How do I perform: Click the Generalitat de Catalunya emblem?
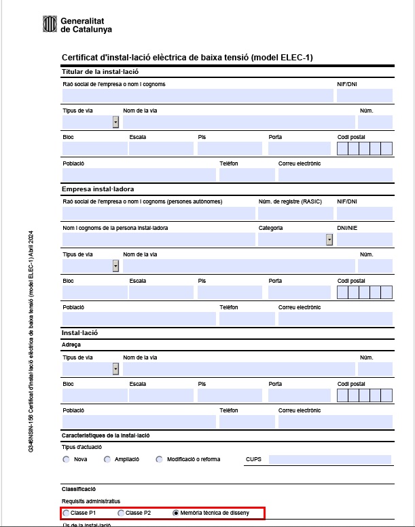(50, 25)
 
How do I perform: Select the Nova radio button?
(66, 459)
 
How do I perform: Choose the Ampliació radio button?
(107, 459)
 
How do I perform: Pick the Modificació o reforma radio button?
(160, 459)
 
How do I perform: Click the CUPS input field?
(330, 459)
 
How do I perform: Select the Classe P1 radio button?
(66, 513)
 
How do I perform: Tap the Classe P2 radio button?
(121, 513)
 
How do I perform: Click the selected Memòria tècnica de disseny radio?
(176, 513)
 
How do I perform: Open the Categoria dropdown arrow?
(329, 239)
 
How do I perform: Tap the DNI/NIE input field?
(365, 239)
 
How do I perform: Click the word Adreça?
(71, 345)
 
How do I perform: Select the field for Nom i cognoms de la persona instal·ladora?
(158, 239)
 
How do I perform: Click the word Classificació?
(79, 488)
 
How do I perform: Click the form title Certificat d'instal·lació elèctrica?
(187, 58)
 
